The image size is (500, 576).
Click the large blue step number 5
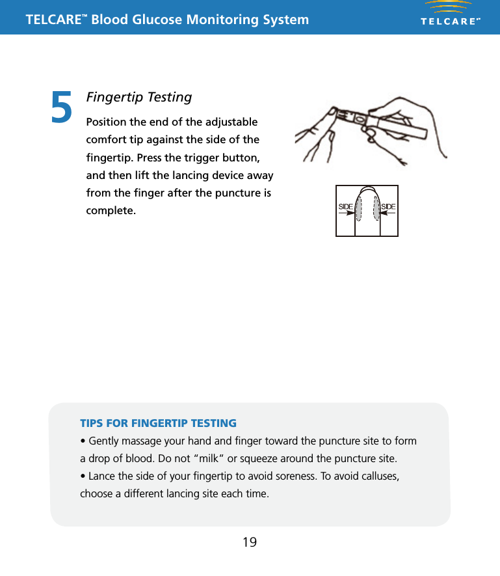62,107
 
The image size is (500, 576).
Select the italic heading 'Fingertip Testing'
139,97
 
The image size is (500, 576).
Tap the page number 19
249,542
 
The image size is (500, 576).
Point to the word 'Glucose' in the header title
157,20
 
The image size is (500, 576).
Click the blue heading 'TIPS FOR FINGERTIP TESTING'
158,423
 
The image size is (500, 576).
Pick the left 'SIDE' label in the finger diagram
345,206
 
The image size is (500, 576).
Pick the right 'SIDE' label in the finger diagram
388,206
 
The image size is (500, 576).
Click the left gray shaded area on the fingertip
358,208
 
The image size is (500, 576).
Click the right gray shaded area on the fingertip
376,208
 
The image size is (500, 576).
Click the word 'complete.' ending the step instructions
111,212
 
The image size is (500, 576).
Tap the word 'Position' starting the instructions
107,123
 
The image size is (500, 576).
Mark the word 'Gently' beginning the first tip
105,441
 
